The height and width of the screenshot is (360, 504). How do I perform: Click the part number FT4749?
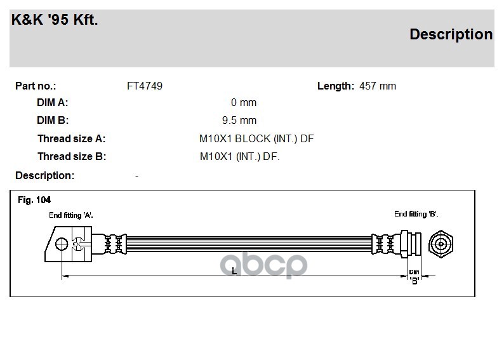[145, 86]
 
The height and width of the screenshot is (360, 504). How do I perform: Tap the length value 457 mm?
[378, 86]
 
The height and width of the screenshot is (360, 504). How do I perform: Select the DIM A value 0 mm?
[244, 102]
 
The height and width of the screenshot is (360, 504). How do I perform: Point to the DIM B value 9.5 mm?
[239, 120]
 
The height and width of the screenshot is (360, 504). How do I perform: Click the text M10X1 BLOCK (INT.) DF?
[256, 138]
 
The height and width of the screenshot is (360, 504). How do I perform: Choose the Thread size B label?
[72, 157]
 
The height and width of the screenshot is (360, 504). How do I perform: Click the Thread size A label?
[71, 138]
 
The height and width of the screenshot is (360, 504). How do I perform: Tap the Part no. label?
[36, 86]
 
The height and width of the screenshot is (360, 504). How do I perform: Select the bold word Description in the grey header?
[451, 34]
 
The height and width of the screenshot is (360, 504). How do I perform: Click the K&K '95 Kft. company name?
[55, 20]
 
